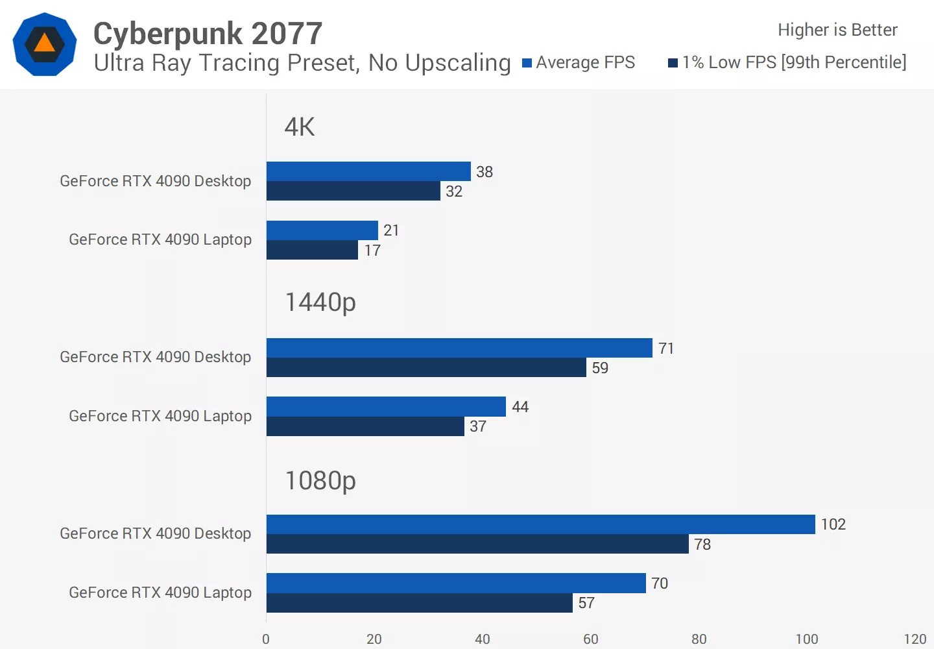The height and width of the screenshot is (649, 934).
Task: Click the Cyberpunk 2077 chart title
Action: click(x=208, y=34)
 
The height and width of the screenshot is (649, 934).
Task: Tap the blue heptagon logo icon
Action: click(x=45, y=44)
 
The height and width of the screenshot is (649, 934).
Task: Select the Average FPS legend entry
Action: click(x=579, y=62)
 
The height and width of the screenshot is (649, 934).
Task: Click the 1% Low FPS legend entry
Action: click(x=787, y=62)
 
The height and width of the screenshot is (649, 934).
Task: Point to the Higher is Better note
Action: click(x=837, y=30)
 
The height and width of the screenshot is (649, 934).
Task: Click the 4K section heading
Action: click(x=300, y=127)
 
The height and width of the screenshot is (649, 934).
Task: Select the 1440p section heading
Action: click(x=320, y=302)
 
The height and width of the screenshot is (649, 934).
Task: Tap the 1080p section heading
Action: click(x=320, y=481)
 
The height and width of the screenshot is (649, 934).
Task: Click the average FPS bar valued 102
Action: click(x=540, y=524)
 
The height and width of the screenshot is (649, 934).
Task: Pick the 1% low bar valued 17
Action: click(x=312, y=251)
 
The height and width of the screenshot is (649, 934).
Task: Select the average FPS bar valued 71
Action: click(x=459, y=348)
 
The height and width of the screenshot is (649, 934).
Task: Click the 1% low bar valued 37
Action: click(x=365, y=426)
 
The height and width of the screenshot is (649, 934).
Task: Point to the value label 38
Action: click(x=485, y=172)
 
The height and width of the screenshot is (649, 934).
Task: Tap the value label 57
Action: click(x=586, y=603)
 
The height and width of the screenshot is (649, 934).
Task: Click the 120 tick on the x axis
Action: click(x=915, y=639)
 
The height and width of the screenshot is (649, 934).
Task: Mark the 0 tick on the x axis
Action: click(x=266, y=639)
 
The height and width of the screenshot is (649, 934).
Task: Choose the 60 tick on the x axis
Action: click(x=591, y=639)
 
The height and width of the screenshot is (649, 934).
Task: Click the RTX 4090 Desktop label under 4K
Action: click(x=155, y=181)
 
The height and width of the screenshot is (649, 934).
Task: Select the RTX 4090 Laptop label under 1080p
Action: click(x=160, y=593)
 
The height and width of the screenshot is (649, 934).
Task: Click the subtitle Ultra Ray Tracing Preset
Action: click(x=302, y=63)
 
